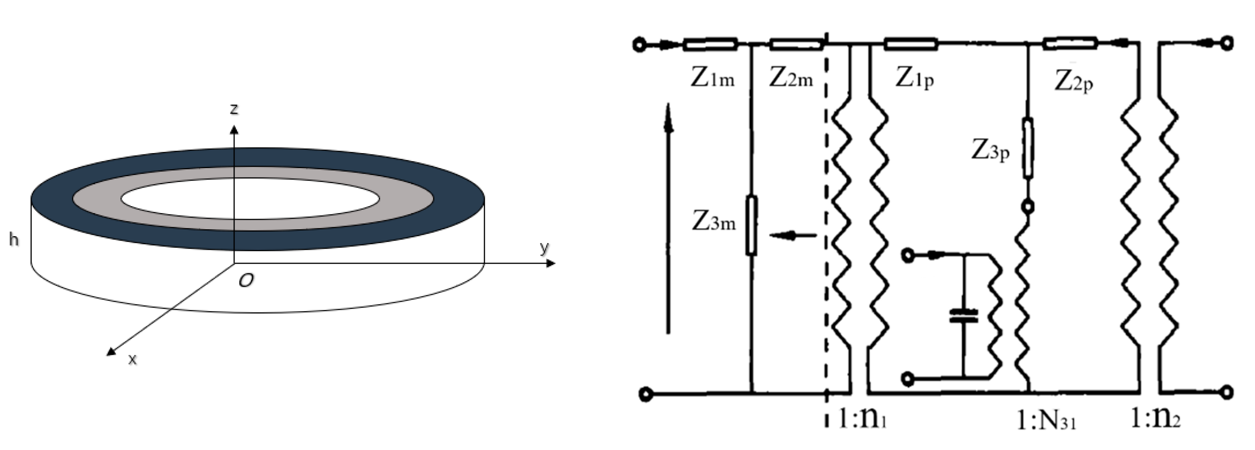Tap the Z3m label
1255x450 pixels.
click(714, 222)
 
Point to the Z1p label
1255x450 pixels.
click(914, 78)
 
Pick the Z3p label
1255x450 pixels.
click(990, 150)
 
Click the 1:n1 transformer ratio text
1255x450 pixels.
click(863, 418)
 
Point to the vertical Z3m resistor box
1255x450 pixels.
click(751, 225)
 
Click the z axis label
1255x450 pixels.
click(234, 109)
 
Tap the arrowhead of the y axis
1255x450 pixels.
click(551, 263)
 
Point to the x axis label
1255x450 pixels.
click(132, 359)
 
